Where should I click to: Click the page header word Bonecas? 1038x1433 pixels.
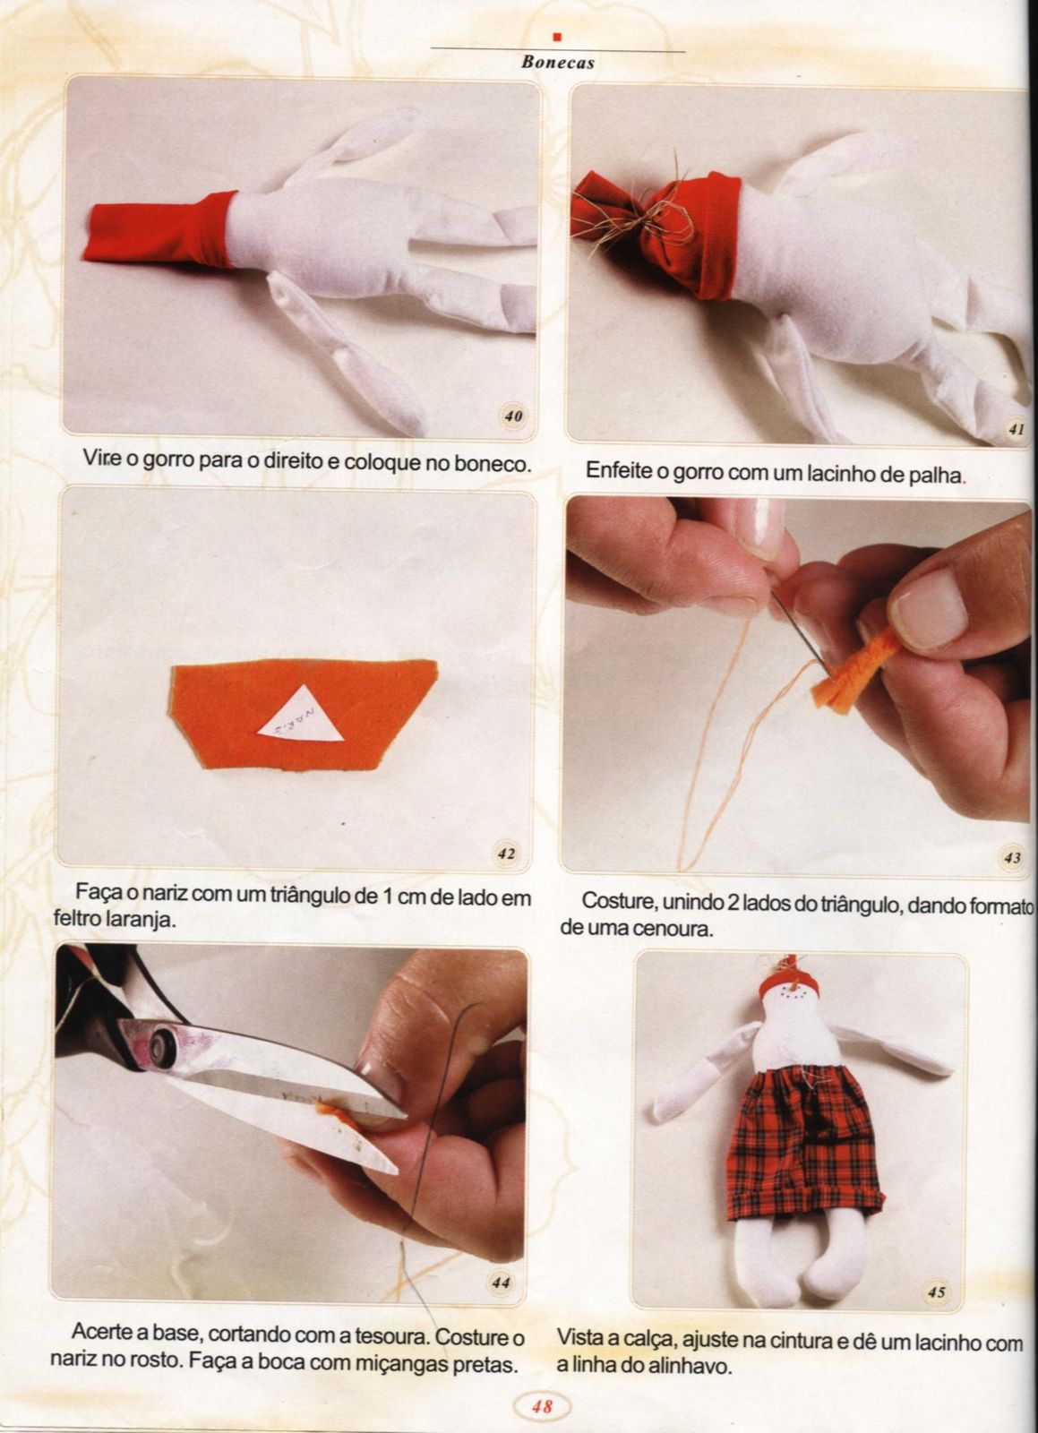[558, 63]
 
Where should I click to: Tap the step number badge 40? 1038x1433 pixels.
[513, 416]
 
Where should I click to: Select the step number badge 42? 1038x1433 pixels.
[506, 854]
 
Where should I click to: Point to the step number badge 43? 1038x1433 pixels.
[1012, 858]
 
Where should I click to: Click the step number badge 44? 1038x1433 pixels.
[501, 1283]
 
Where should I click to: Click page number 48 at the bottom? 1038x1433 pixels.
[542, 1402]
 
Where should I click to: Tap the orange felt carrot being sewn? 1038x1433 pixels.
[854, 669]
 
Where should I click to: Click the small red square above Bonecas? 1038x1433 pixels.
[557, 37]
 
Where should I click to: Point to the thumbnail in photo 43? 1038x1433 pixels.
[930, 609]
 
